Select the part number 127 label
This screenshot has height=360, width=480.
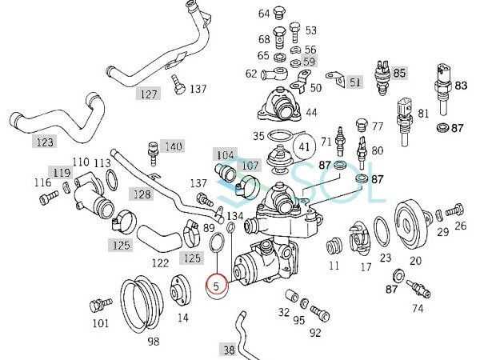[x=148, y=93]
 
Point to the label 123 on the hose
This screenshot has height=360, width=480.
[x=45, y=142]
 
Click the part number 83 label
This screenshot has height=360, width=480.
[x=461, y=85]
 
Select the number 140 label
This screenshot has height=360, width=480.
[x=173, y=147]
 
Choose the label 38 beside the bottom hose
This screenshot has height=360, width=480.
[x=229, y=349]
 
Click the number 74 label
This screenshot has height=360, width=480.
[x=418, y=308]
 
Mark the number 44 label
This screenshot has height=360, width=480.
[x=310, y=113]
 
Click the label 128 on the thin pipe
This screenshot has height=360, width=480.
[x=141, y=194]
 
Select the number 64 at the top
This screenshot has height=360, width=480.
[x=264, y=14]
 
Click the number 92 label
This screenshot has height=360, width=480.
[x=315, y=332]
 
